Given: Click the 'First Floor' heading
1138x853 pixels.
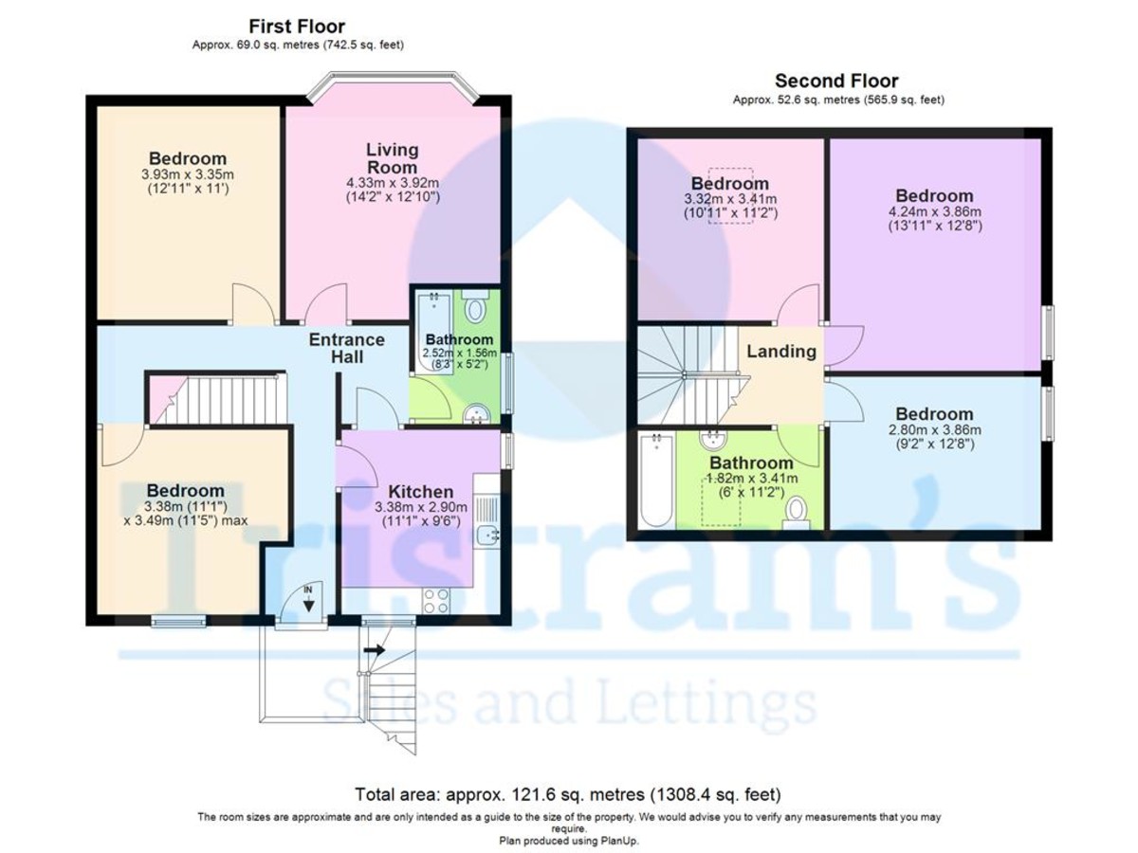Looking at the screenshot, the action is click(x=297, y=26).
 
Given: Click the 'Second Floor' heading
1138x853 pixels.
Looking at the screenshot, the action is click(x=836, y=81).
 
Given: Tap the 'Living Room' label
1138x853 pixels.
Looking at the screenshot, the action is click(x=392, y=158).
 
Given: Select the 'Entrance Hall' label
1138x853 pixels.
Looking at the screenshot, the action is click(x=347, y=348).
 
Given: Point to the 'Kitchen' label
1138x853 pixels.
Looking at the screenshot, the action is click(x=420, y=491).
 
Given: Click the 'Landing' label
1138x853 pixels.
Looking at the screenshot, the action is click(x=781, y=351).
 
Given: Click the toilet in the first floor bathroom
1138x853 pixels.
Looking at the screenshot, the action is click(x=473, y=306).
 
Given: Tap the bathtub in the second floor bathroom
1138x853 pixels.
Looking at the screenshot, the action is click(x=657, y=481).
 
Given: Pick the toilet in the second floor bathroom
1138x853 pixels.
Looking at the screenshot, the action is click(x=796, y=514).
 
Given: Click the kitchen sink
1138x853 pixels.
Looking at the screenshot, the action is click(x=487, y=534).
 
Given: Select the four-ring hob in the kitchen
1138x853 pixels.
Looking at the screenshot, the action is click(x=436, y=602).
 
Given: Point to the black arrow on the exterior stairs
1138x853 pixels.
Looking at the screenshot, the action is click(x=374, y=649).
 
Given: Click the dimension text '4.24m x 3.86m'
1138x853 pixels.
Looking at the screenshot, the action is click(x=934, y=211).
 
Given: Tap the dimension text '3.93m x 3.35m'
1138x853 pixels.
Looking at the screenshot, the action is click(x=187, y=174).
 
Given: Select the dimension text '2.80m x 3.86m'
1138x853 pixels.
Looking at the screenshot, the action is click(x=934, y=430).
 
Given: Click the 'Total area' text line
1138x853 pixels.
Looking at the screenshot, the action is click(x=568, y=794).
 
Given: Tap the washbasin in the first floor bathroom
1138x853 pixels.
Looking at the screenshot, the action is click(x=476, y=414).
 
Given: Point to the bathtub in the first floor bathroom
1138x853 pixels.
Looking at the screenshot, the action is click(x=434, y=332).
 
